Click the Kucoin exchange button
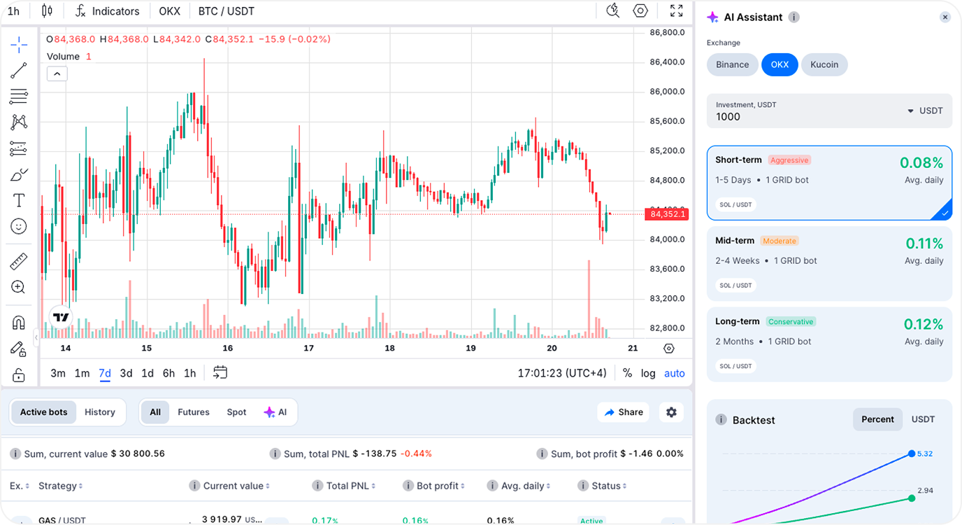pyautogui.click(x=824, y=64)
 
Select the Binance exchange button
pyautogui.click(x=732, y=64)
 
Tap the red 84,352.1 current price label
pyautogui.click(x=668, y=214)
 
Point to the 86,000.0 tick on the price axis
pyautogui.click(x=666, y=92)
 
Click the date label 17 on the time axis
pyautogui.click(x=308, y=348)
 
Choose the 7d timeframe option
pyautogui.click(x=104, y=373)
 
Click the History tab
pyautogui.click(x=100, y=412)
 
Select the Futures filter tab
pyautogui.click(x=194, y=412)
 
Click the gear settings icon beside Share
pyautogui.click(x=671, y=412)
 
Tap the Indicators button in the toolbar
pyautogui.click(x=108, y=11)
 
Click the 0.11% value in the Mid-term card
pyautogui.click(x=924, y=244)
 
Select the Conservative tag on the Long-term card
pyautogui.click(x=791, y=322)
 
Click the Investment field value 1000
pyautogui.click(x=728, y=117)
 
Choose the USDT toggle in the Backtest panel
pyautogui.click(x=923, y=419)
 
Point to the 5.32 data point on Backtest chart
pyautogui.click(x=912, y=454)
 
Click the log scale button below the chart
pyautogui.click(x=648, y=373)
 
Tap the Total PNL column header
pyautogui.click(x=347, y=486)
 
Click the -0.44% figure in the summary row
pyautogui.click(x=416, y=454)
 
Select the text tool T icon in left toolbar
pyautogui.click(x=19, y=201)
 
